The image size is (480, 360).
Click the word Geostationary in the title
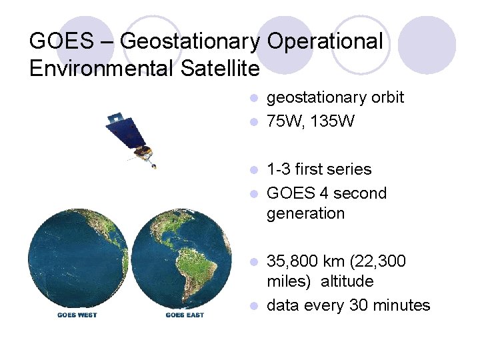click(191, 42)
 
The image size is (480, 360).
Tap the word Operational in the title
click(325, 42)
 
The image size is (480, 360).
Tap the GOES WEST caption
click(77, 315)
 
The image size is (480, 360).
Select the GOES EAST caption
click(185, 315)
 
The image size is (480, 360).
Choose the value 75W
click(285, 122)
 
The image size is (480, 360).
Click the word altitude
click(347, 282)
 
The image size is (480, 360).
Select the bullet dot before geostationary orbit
click(253, 99)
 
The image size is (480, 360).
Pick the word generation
click(305, 214)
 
